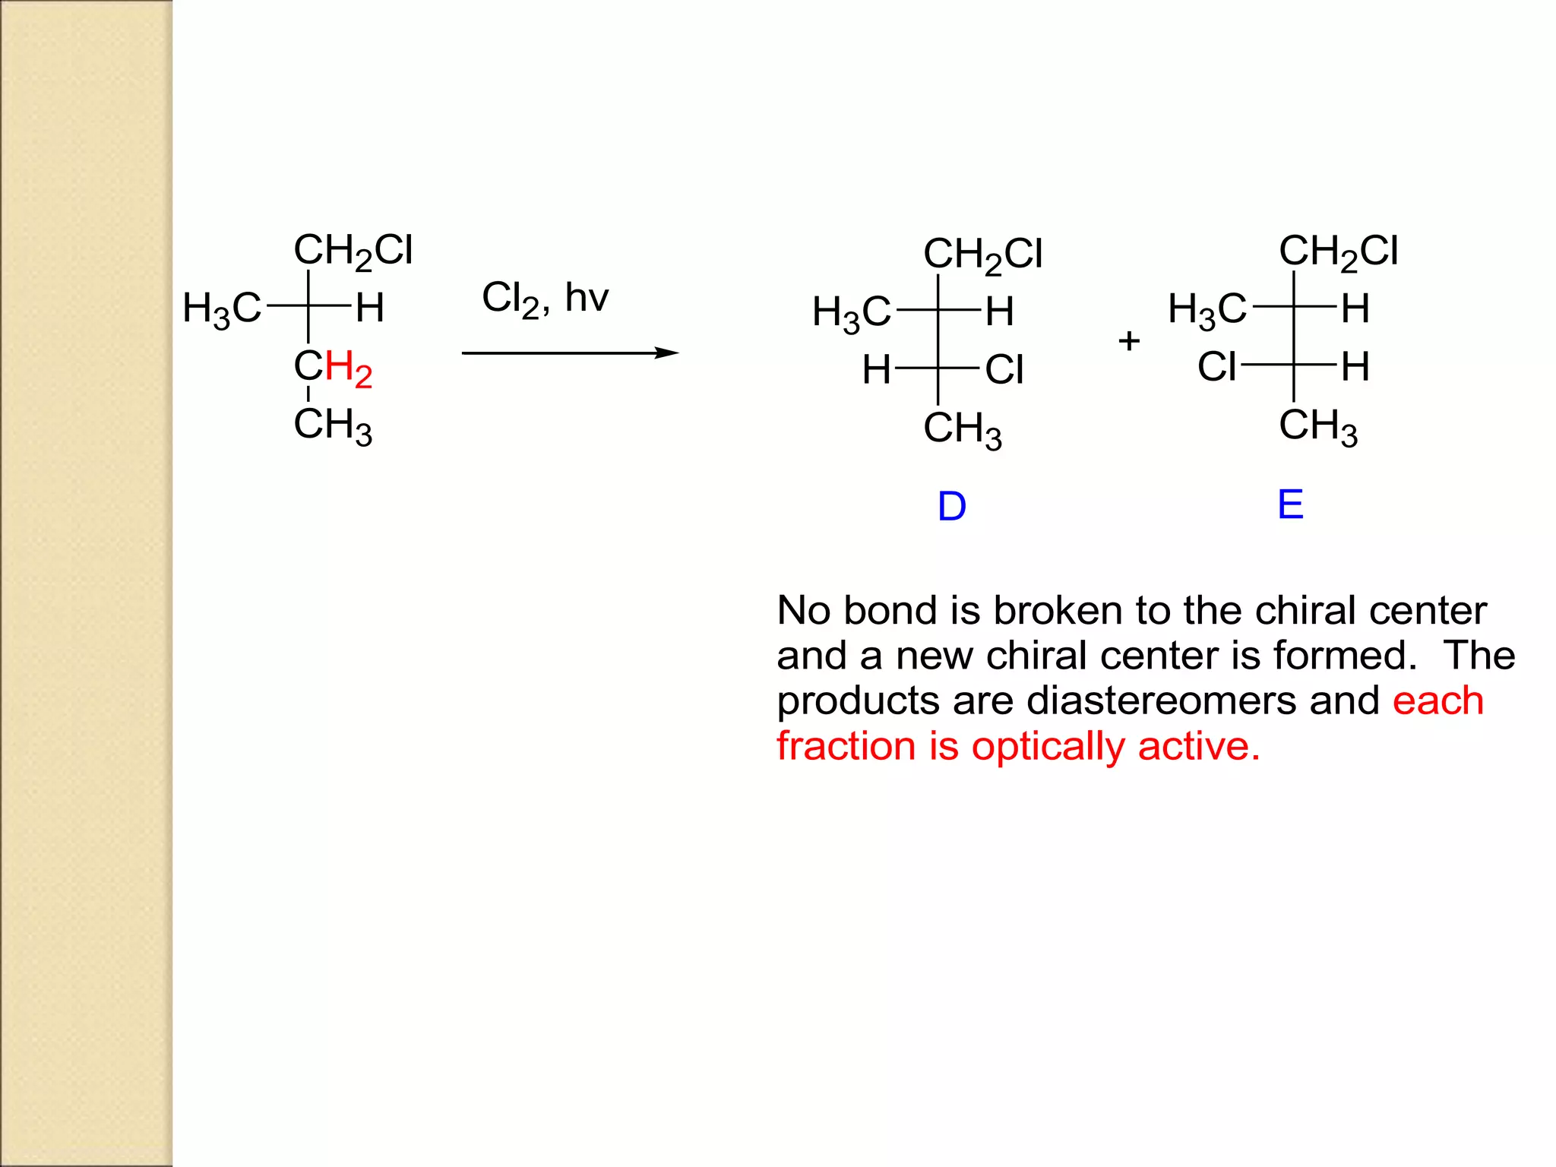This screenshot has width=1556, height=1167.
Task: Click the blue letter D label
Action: [951, 507]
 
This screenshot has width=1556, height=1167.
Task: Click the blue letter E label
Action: [1290, 504]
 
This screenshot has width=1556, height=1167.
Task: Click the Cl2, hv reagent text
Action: [545, 298]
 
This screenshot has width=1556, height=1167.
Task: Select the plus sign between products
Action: [1129, 340]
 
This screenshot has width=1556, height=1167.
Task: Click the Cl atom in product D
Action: [1004, 370]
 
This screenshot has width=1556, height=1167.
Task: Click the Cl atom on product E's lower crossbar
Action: [1217, 367]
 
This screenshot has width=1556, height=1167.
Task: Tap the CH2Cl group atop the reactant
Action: [353, 251]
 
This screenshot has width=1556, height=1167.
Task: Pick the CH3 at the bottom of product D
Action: [963, 429]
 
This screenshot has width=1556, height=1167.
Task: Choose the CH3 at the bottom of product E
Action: [1318, 426]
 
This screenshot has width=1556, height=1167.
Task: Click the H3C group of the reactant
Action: [222, 309]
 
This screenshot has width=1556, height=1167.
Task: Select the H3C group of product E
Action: [1207, 309]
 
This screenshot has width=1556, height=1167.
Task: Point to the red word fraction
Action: [846, 746]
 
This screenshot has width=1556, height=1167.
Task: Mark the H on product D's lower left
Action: [876, 370]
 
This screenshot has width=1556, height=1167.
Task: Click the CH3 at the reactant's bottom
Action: [333, 425]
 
